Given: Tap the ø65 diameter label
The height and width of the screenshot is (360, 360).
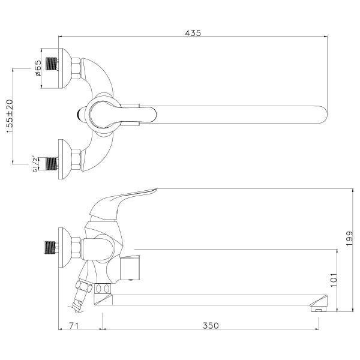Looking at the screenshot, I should [37, 71].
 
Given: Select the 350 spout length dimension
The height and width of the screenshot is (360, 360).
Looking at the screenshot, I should [210, 326].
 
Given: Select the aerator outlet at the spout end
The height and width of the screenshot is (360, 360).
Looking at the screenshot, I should [316, 310].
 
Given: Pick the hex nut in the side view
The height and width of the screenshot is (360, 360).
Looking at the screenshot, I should [76, 246].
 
